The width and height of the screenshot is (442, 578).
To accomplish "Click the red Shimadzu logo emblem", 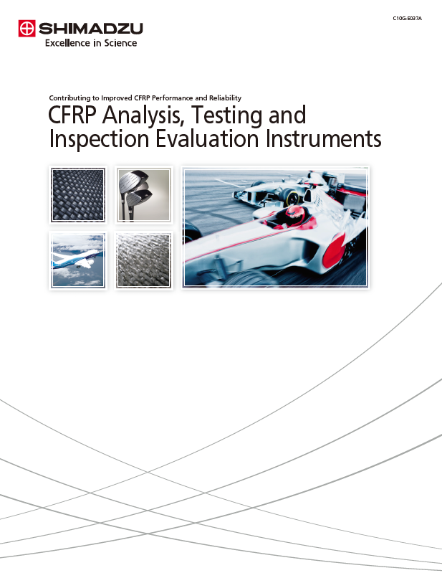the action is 27,29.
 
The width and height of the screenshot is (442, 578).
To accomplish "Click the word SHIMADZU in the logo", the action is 90,29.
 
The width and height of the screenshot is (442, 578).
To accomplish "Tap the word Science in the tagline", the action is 120,43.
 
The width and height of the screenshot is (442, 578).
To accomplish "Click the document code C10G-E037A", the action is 408,18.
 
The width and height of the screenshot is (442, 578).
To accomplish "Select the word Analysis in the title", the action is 143,115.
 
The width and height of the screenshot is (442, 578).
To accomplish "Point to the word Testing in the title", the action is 228,115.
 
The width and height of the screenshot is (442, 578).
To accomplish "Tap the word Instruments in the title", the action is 323,138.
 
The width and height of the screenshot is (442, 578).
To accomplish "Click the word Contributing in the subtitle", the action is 69,98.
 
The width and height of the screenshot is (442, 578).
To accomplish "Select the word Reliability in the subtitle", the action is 226,98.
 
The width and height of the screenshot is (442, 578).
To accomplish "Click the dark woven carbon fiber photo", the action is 78,194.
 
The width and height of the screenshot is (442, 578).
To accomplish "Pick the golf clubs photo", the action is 144,194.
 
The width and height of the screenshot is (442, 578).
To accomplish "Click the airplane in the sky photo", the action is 78,260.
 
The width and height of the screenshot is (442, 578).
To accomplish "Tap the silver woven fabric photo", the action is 144,260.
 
